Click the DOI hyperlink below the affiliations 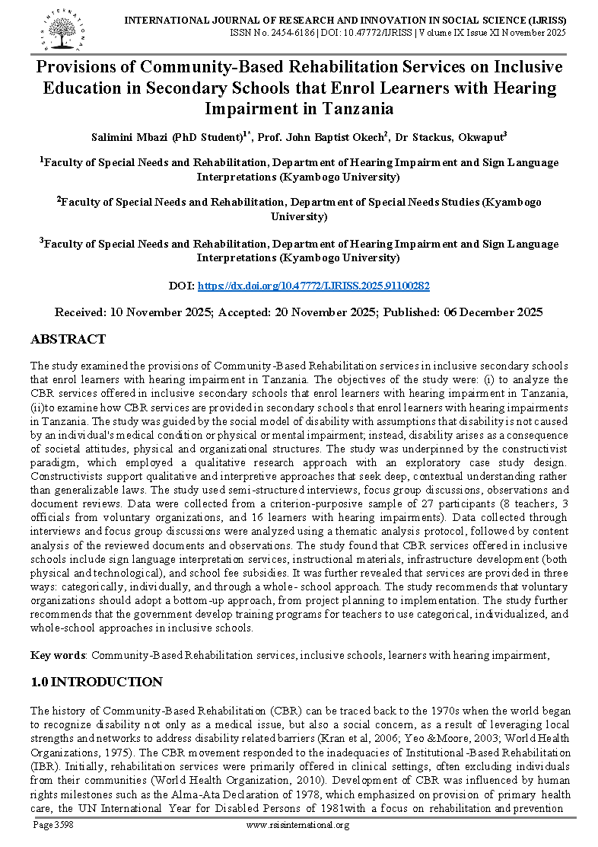[x=313, y=286]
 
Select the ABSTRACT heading [x=68, y=339]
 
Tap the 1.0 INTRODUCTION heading [x=96, y=682]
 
